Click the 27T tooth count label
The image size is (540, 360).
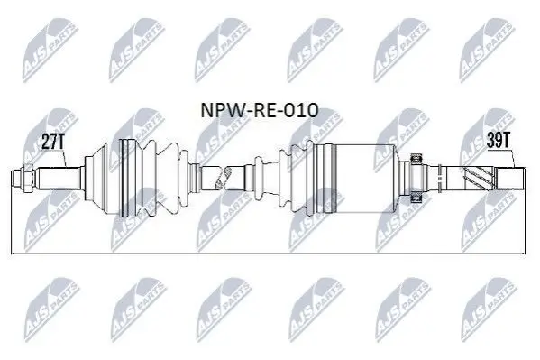click(52, 142)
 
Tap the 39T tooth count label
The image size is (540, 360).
click(498, 140)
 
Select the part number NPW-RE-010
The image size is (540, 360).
click(259, 110)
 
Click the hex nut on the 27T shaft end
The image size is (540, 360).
click(28, 178)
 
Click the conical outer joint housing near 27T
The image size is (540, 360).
click(102, 179)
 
